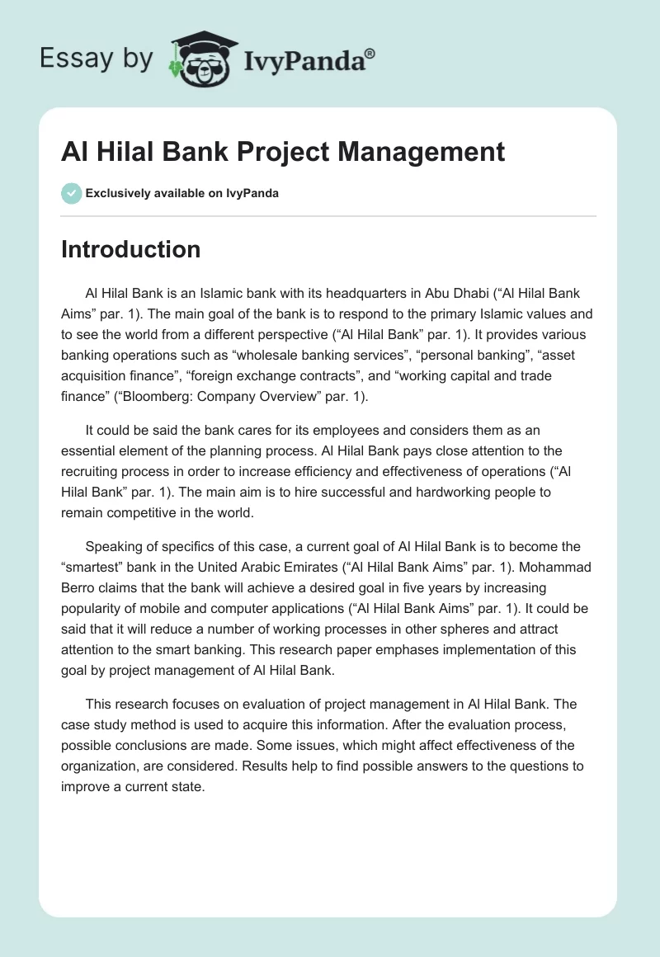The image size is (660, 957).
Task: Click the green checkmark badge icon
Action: [71, 193]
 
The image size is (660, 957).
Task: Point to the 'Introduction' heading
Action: [130, 249]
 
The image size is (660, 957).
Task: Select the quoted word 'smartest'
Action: [100, 567]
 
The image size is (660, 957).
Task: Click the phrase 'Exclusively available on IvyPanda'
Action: [181, 193]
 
